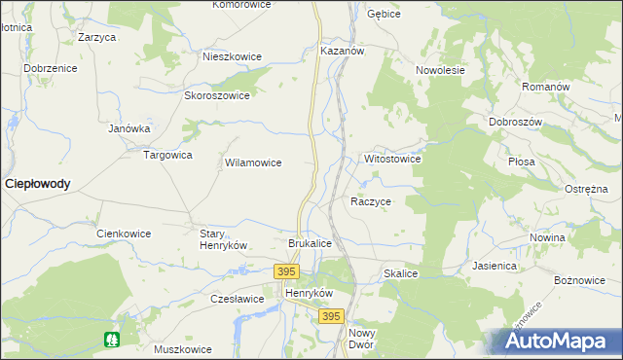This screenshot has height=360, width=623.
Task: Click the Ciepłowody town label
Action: click(37, 183)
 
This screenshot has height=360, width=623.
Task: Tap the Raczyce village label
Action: click(370, 201)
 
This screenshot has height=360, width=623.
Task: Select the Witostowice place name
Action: click(391, 158)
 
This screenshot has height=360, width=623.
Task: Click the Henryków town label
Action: click(309, 292)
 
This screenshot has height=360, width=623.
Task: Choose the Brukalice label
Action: click(311, 242)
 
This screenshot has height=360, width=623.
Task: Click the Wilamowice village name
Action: click(253, 162)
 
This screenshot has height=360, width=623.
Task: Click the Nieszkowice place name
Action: click(232, 56)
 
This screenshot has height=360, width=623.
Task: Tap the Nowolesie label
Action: click(440, 70)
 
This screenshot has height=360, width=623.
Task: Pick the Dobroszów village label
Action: click(515, 123)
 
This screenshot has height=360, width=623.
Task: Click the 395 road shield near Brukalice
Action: click(285, 271)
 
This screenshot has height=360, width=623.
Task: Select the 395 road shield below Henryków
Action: click(331, 316)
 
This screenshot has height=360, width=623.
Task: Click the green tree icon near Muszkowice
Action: click(112, 339)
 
